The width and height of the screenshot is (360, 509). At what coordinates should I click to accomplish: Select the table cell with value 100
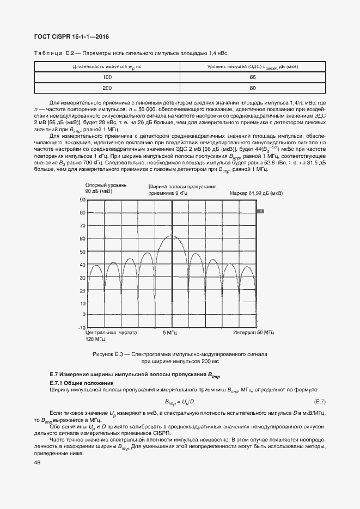point(107,77)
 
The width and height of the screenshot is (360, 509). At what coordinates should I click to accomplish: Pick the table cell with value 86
point(252,77)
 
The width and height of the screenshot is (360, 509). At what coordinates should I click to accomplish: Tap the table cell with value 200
point(107,88)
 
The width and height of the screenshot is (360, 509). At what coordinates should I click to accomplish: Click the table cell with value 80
point(252,88)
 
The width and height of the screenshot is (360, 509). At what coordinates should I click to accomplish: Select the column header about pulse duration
point(107,66)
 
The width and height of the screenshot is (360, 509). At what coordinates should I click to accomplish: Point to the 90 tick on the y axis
point(83,200)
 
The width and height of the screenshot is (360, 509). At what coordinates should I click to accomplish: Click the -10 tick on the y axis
point(82,328)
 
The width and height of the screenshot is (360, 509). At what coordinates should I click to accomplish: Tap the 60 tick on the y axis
point(83,238)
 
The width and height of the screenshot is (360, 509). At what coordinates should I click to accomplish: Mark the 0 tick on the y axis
point(84,315)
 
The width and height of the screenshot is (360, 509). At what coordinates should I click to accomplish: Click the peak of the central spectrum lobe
point(173,236)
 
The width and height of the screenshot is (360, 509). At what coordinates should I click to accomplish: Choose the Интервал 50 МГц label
point(254,332)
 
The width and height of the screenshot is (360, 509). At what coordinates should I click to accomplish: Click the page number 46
point(37,463)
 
